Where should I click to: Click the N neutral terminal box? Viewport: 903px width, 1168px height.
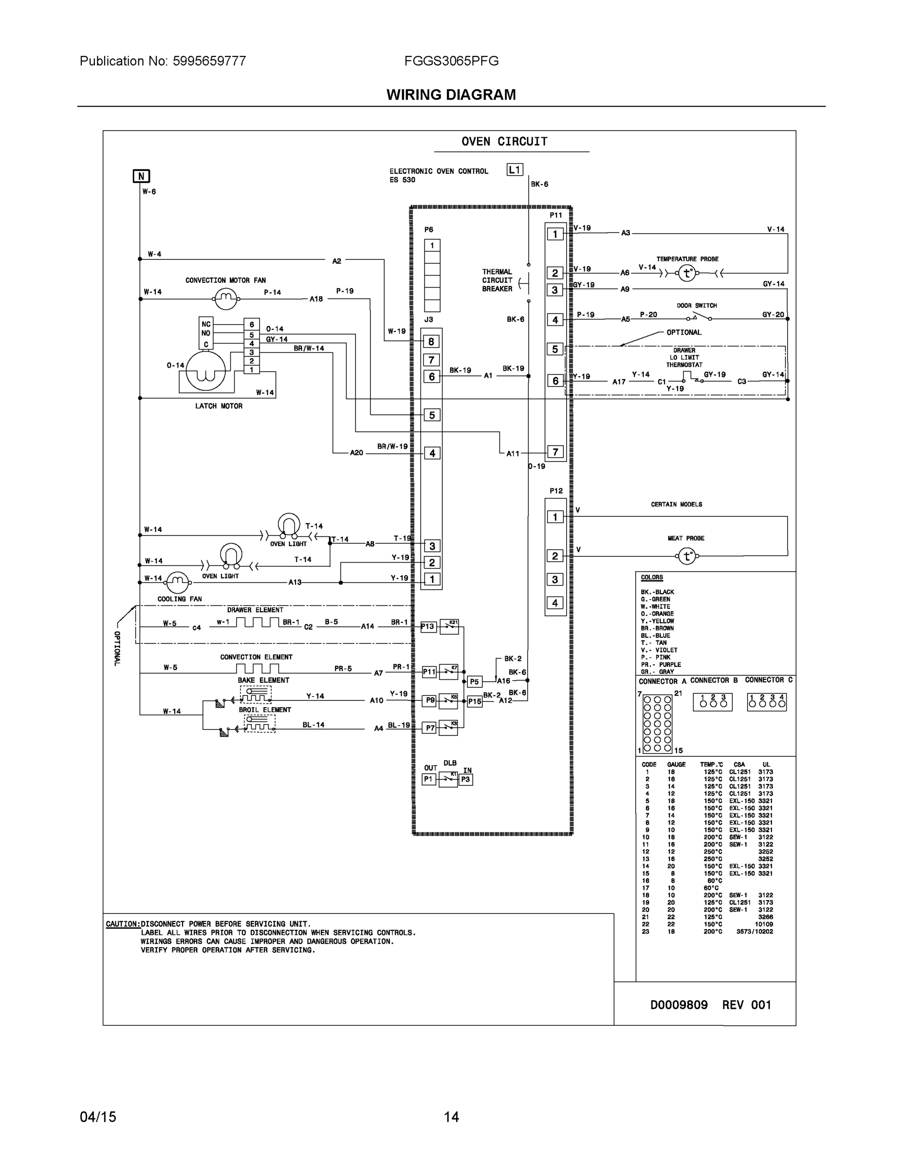(x=141, y=176)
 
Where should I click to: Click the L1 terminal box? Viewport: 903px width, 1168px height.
(x=514, y=170)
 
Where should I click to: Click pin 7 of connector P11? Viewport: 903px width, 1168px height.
(x=555, y=452)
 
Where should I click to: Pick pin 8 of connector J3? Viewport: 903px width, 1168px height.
(x=431, y=341)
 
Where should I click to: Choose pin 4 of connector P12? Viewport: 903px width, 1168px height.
(x=555, y=602)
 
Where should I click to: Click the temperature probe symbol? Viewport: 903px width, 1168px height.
(x=687, y=274)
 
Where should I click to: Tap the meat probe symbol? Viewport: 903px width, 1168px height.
(x=687, y=556)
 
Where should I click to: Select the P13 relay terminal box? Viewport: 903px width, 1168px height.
(x=428, y=627)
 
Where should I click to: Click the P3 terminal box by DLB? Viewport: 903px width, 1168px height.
(x=465, y=780)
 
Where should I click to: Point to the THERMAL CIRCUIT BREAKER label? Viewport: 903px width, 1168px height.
(x=497, y=280)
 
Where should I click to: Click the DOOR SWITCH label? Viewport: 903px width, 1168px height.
(x=697, y=305)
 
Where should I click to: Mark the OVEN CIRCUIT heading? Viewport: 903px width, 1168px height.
(x=504, y=142)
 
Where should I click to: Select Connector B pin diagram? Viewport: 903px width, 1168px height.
(x=713, y=702)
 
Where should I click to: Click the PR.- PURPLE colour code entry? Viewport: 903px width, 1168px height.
(x=661, y=664)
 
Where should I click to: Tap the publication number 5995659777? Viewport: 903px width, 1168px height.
(x=209, y=61)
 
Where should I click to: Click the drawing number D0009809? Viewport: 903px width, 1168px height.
(x=678, y=1005)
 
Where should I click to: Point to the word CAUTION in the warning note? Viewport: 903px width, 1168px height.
(x=123, y=924)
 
